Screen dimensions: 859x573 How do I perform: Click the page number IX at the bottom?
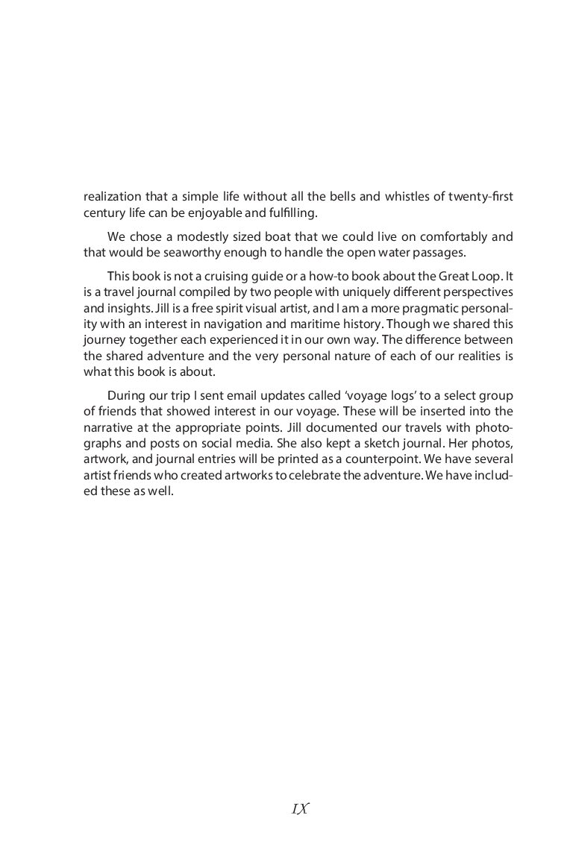[301, 809]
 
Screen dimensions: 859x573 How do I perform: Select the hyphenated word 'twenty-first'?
[480, 197]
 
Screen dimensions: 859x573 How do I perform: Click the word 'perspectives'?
[477, 293]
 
